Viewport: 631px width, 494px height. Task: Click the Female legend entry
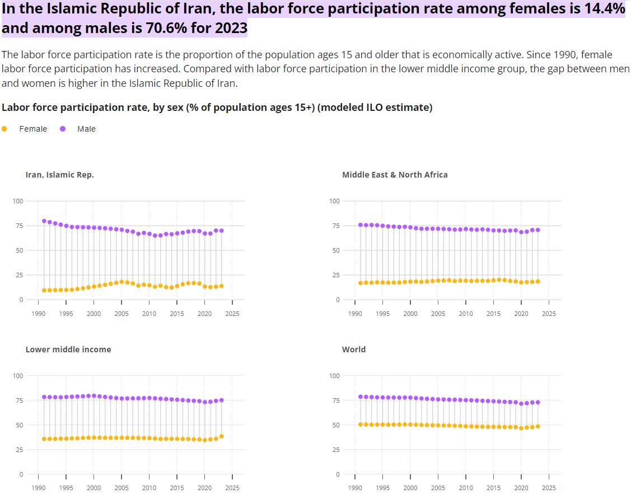33,129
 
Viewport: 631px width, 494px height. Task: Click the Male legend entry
86,129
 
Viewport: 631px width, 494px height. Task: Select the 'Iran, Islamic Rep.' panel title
60,175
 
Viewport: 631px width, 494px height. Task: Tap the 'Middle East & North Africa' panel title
395,175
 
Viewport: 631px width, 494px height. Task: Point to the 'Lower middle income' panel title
68,349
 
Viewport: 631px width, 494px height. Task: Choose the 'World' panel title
354,349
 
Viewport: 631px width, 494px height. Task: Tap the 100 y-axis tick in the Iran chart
18,201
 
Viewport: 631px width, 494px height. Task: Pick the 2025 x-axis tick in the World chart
549,488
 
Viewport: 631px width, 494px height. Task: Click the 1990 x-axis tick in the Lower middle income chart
39,488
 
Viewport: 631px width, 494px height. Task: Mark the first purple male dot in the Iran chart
44,221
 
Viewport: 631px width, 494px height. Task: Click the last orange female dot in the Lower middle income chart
222,436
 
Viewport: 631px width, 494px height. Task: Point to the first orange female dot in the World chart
361,425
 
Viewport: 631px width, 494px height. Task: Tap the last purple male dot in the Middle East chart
538,230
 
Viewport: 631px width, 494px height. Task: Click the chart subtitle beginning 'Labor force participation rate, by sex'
217,108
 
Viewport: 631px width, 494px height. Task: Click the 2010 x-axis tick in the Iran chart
149,314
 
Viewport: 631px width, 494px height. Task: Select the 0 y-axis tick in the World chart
338,474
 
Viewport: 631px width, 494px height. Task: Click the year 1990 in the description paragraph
568,55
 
